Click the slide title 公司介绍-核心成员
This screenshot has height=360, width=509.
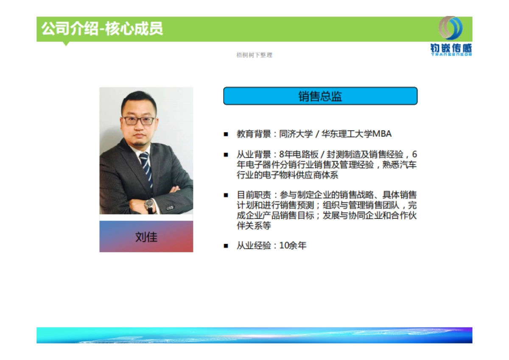click(102, 29)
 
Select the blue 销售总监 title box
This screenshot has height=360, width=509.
click(320, 96)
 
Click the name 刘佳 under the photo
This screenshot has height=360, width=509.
click(146, 237)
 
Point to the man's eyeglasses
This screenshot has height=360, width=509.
click(139, 121)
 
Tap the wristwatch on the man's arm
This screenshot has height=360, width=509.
click(150, 206)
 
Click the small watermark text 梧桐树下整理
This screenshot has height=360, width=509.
click(254, 55)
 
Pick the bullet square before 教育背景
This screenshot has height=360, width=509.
click(226, 134)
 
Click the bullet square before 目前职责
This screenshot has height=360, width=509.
click(226, 195)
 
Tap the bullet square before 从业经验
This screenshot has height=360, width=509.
click(226, 246)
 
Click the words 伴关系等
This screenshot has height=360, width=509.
click(254, 226)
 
